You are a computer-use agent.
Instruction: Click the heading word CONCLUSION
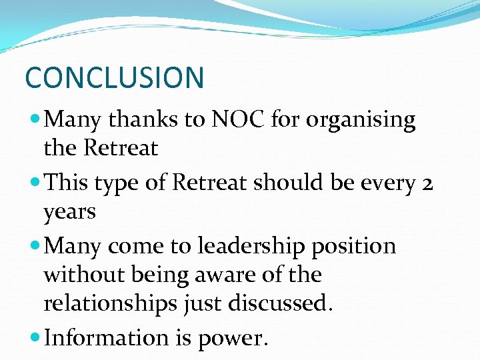coord(114,77)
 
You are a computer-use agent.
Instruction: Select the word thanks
coord(142,120)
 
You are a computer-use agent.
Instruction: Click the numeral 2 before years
coord(427,183)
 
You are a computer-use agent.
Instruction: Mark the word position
coord(359,247)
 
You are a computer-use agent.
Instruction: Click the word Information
coord(105,337)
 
